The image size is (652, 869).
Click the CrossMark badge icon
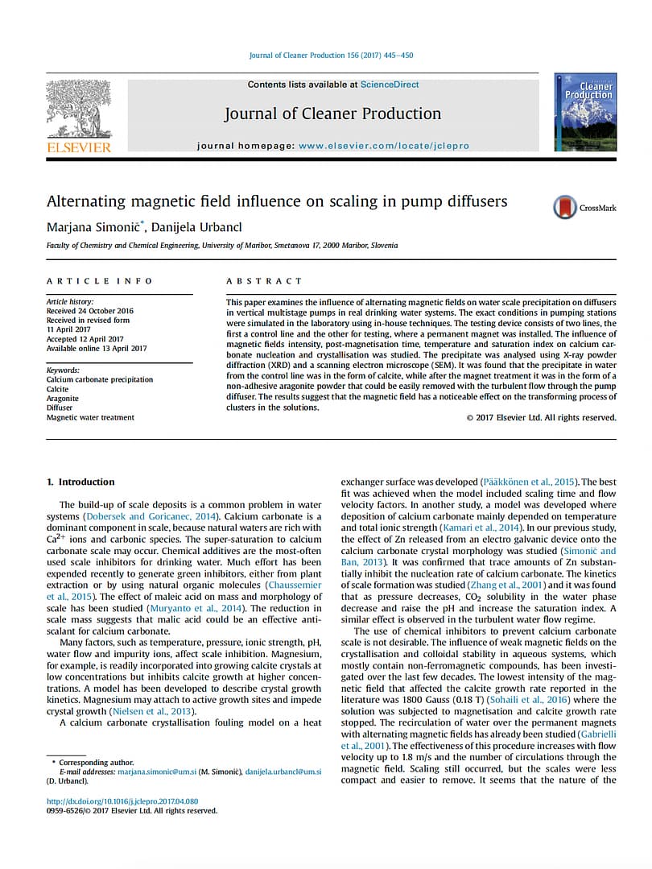pyautogui.click(x=565, y=207)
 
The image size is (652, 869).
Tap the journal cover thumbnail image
pyautogui.click(x=585, y=112)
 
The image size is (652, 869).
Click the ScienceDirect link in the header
pyautogui.click(x=390, y=85)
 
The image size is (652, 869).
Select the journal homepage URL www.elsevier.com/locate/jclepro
pyautogui.click(x=384, y=146)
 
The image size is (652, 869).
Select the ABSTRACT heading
pyautogui.click(x=264, y=281)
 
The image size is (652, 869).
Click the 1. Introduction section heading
pyautogui.click(x=80, y=482)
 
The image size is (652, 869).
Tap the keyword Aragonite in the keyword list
pyautogui.click(x=63, y=399)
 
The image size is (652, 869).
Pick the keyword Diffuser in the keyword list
pyautogui.click(x=60, y=408)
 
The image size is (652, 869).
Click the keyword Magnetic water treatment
pyautogui.click(x=90, y=417)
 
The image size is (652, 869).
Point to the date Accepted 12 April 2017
pyautogui.click(x=85, y=339)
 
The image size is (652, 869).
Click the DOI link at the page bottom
pyautogui.click(x=122, y=801)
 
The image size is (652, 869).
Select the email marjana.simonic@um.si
pyautogui.click(x=157, y=772)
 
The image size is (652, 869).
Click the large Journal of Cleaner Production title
pyautogui.click(x=332, y=114)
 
